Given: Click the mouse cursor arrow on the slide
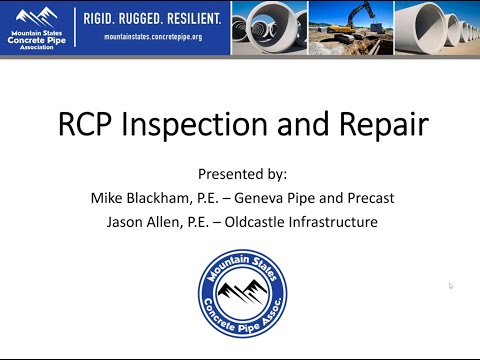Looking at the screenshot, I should click(x=451, y=286).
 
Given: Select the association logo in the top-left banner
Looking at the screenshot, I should click(x=37, y=27).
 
